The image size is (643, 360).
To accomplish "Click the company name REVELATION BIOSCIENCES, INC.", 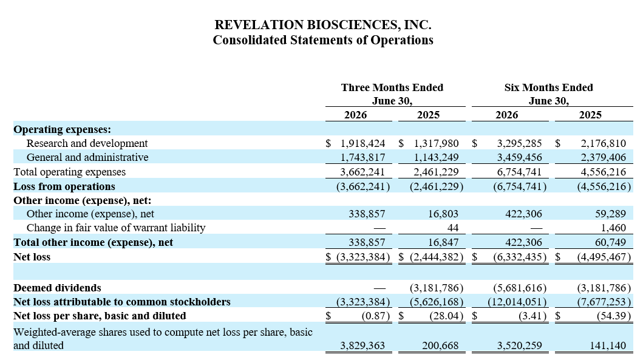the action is [323, 25].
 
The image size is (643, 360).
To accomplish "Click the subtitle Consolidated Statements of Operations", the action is [323, 40].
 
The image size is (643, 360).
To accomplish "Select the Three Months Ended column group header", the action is [392, 94].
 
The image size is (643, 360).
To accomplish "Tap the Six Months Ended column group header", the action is [549, 94].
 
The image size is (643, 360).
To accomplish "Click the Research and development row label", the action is [87, 143].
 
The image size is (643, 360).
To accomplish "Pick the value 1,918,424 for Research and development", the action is [362, 143].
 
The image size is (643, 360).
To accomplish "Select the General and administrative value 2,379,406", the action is [603, 157].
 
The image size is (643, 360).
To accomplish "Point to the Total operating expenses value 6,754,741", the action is [520, 172].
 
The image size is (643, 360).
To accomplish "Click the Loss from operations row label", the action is [64, 186].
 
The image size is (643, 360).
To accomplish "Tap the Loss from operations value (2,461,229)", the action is [437, 186].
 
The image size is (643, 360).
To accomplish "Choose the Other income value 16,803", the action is [443, 214].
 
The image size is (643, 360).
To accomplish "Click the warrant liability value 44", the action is [453, 228].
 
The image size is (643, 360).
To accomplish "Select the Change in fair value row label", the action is [116, 228].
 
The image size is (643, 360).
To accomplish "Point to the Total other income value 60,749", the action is [611, 243].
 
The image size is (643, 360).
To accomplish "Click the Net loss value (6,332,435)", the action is [520, 257].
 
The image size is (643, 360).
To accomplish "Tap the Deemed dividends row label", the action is [58, 288].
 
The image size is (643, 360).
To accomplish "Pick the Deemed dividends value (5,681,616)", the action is [520, 288].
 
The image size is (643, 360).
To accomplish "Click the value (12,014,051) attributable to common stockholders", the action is [517, 302].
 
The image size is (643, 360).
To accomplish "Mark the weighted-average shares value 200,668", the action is [440, 345].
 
